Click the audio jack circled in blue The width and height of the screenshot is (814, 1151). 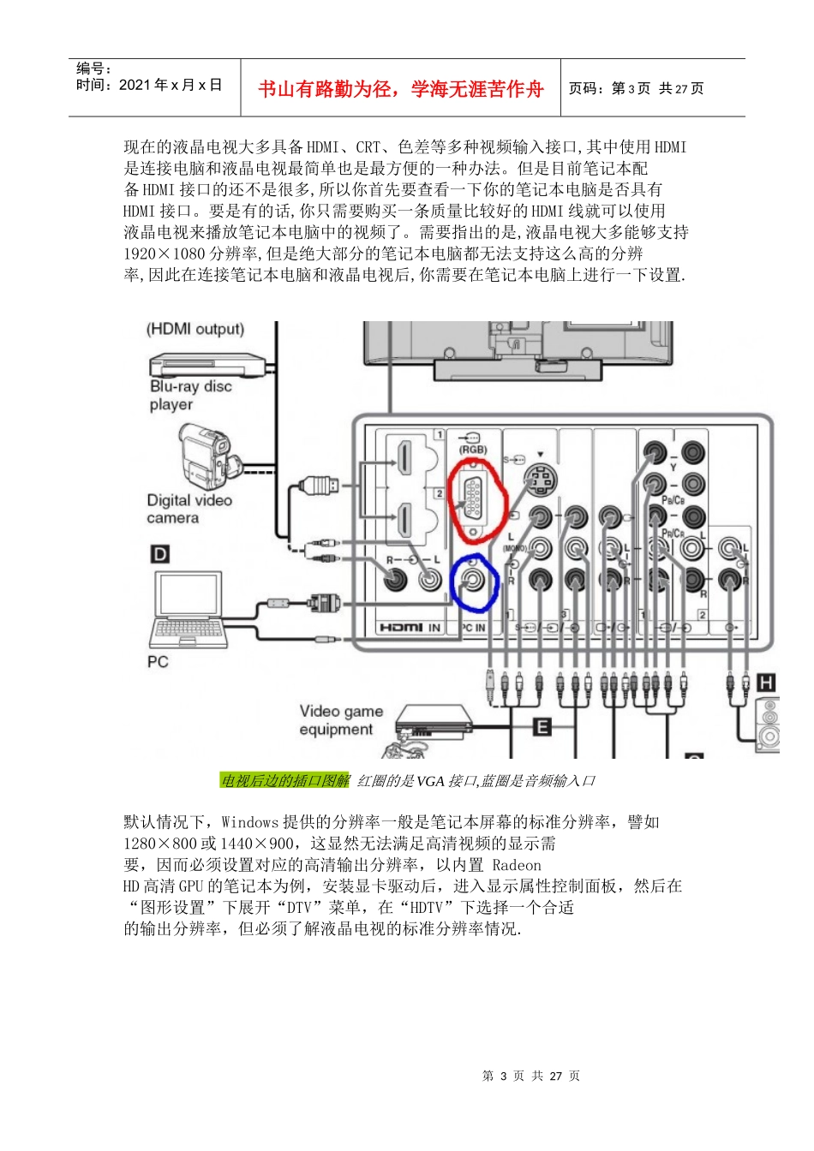click(472, 581)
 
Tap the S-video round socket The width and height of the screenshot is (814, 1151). click(540, 480)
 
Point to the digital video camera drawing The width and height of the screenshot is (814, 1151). click(204, 458)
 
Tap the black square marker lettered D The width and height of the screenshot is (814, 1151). click(159, 554)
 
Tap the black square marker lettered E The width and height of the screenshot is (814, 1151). click(542, 727)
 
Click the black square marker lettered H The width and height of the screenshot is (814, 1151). click(766, 683)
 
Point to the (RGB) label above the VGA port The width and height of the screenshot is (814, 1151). click(472, 450)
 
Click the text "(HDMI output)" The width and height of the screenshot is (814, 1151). click(195, 330)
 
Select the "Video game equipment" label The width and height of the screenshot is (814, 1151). click(340, 720)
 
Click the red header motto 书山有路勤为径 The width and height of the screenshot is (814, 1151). click(400, 89)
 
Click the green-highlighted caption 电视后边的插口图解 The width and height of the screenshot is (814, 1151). click(285, 780)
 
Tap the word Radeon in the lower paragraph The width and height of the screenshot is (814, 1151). click(517, 865)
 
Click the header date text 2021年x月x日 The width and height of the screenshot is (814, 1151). click(171, 85)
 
